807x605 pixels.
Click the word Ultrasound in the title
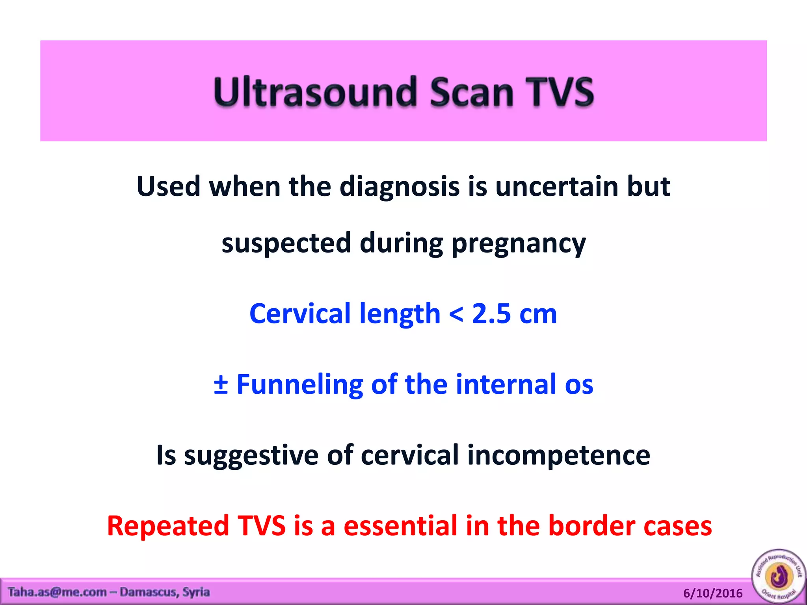coord(315,92)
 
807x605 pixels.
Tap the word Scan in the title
coord(472,92)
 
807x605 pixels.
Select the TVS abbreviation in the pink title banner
coord(560,92)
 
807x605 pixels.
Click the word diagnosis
coord(399,187)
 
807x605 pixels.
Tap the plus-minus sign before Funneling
coord(221,384)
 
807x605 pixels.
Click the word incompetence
coord(558,455)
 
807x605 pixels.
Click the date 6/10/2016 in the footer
coord(712,593)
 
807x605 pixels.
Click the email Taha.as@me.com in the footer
coord(57,592)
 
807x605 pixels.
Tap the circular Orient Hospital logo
coord(779,576)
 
